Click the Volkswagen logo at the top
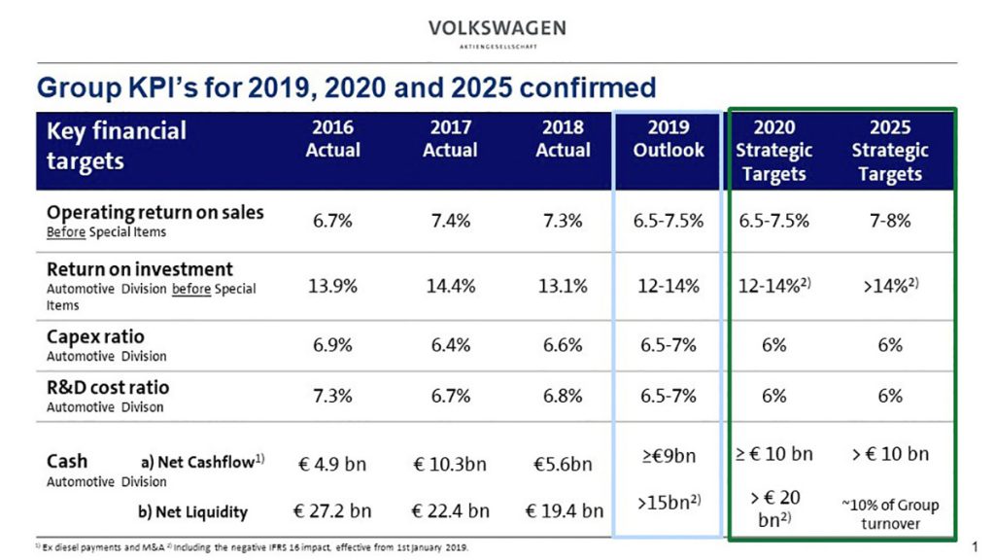pos(497,31)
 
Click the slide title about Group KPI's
pos(346,87)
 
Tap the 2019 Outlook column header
pos(668,139)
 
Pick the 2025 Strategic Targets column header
pos(889,151)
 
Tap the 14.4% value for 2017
pos(450,287)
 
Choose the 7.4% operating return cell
pos(450,221)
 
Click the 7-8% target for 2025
pos(889,220)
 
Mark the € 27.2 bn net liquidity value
pos(332,510)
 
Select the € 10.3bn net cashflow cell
pos(449,464)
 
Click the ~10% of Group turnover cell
pos(889,514)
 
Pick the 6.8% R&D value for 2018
pos(563,396)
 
